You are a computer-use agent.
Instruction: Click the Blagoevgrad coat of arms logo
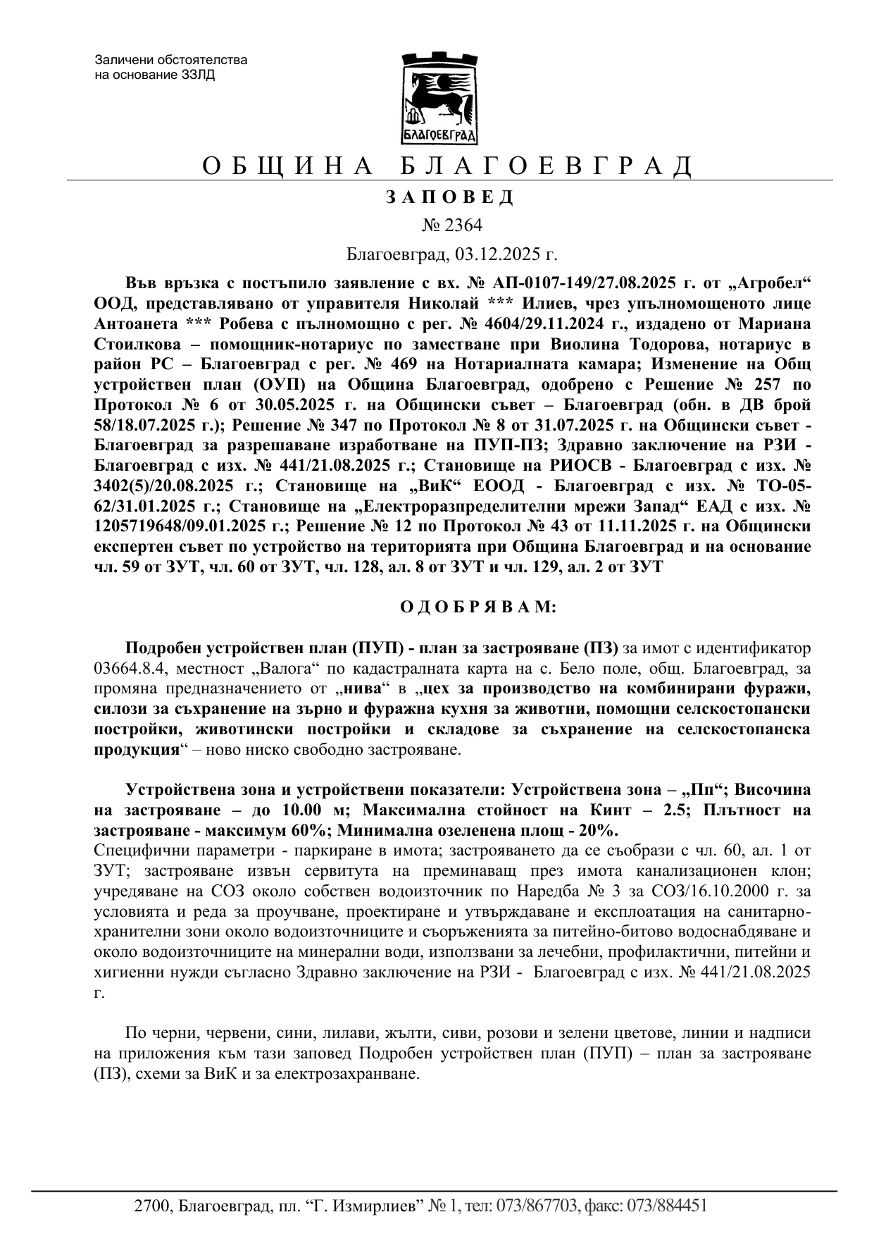439,98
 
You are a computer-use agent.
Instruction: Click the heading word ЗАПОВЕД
450,197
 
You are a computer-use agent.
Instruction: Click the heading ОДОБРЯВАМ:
478,607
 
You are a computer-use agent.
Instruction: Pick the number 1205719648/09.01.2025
189,526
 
